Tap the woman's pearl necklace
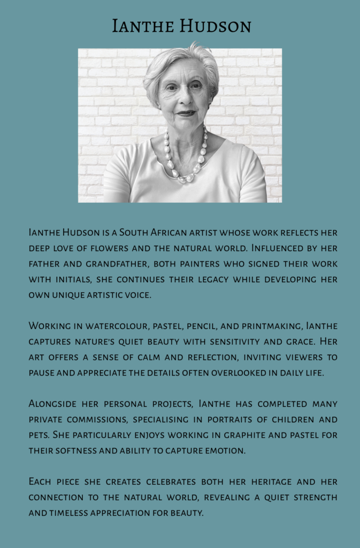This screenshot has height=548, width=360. point(185,160)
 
